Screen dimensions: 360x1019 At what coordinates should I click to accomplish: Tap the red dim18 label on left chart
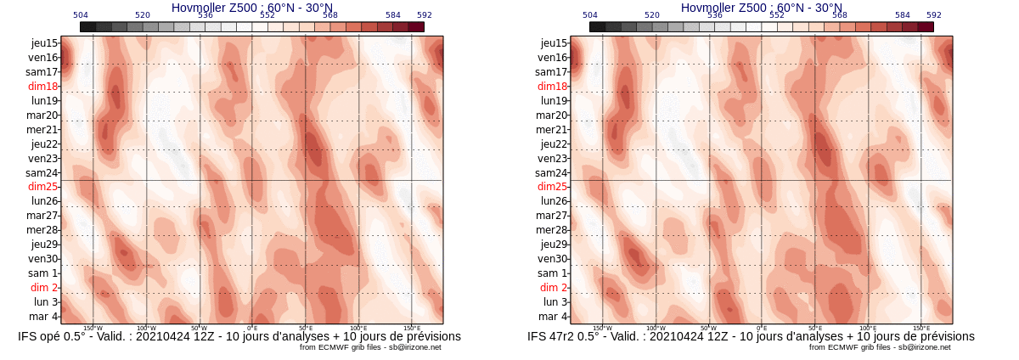[x=42, y=87]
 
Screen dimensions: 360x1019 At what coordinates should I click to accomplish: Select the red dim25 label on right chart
[x=552, y=187]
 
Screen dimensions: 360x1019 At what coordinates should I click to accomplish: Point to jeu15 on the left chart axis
[x=43, y=43]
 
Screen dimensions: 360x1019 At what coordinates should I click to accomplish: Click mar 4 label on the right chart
[x=553, y=317]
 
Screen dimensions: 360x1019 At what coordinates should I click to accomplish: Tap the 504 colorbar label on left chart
[x=81, y=15]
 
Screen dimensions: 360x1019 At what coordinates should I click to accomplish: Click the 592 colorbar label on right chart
[x=934, y=15]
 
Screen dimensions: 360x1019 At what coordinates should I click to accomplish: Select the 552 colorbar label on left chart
[x=267, y=15]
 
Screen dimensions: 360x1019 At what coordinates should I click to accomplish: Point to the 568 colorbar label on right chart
[x=840, y=15]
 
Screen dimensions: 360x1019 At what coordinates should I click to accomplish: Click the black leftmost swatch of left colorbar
[x=87, y=27]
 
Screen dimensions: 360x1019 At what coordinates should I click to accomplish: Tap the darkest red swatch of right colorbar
[x=926, y=27]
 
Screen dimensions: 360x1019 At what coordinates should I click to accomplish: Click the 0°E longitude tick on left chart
[x=252, y=328]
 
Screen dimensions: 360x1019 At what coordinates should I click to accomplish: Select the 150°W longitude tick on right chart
[x=602, y=328]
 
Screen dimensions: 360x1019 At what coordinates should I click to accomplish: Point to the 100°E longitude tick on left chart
[x=358, y=328]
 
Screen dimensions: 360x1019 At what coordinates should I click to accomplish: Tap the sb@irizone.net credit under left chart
[x=414, y=347]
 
